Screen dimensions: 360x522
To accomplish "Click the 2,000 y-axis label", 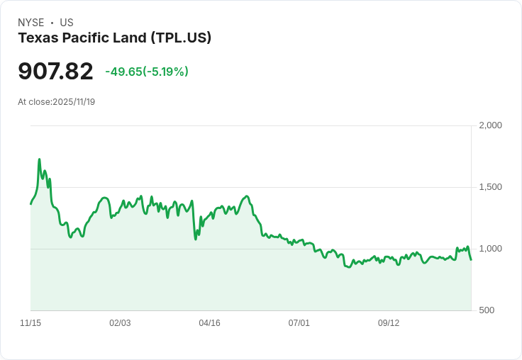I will tap(490, 125).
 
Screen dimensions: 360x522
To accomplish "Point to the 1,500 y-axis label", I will tap(490, 187).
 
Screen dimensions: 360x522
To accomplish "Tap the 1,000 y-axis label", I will tap(490, 249).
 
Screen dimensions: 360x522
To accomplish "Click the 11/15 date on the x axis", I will tap(30, 323).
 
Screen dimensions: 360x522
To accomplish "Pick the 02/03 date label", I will tap(120, 323).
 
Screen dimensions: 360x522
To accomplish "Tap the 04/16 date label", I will tap(209, 323).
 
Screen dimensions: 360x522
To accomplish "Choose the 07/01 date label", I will tap(299, 323).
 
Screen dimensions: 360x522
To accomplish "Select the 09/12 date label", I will tap(389, 323).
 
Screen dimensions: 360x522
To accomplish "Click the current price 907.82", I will tap(55, 72).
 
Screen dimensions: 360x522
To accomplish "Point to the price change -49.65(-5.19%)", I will tap(147, 72).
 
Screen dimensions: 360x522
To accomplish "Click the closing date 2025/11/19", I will tap(74, 102).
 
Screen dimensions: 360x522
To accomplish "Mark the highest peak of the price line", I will tap(39, 160).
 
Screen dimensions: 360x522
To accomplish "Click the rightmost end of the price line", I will tap(471, 259).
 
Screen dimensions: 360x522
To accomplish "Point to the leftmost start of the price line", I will tap(30, 204).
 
